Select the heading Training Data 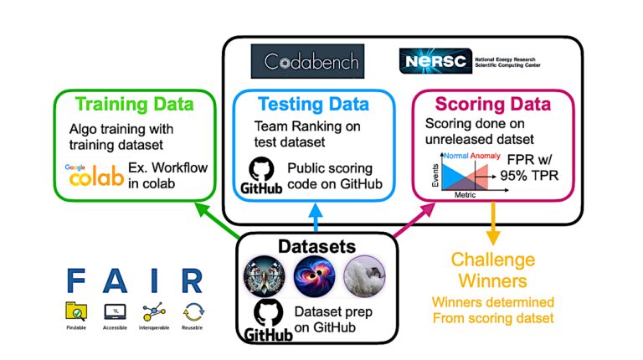[x=135, y=105]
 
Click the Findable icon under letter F [x=77, y=312]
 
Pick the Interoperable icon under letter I [x=155, y=312]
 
